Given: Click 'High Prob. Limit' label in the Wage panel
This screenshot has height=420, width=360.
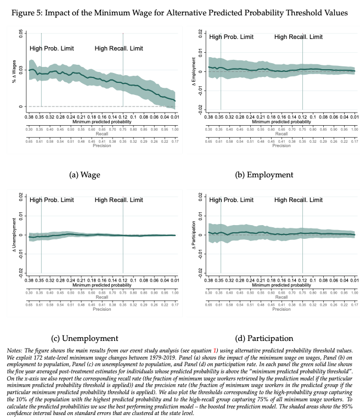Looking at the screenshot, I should click(52, 48).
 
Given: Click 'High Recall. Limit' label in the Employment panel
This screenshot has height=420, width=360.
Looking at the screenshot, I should click(299, 37).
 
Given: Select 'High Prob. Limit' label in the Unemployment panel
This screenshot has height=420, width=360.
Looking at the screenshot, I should click(52, 200).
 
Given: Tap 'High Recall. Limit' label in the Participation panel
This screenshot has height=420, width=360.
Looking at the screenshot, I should click(299, 200).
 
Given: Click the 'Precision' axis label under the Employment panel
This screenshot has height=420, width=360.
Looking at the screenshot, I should click(282, 145).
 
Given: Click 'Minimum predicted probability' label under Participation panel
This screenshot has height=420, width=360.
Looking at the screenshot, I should click(282, 285).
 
